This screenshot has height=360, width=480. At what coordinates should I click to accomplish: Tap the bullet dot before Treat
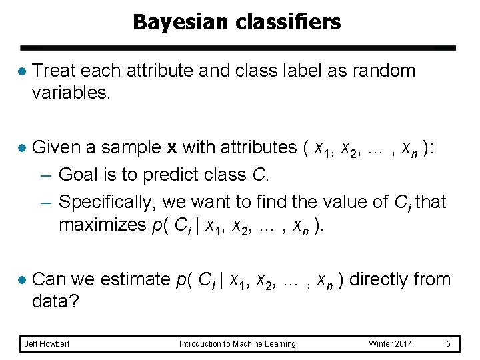click(22, 71)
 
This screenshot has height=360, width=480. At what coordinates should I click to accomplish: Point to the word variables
click(71, 93)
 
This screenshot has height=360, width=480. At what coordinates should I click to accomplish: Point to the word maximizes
click(101, 225)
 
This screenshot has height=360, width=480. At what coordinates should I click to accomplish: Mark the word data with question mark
click(55, 302)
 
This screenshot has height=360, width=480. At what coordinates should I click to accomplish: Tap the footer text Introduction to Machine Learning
click(237, 344)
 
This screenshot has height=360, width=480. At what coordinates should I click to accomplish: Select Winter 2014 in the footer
click(391, 344)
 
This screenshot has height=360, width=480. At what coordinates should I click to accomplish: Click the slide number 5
click(449, 344)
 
